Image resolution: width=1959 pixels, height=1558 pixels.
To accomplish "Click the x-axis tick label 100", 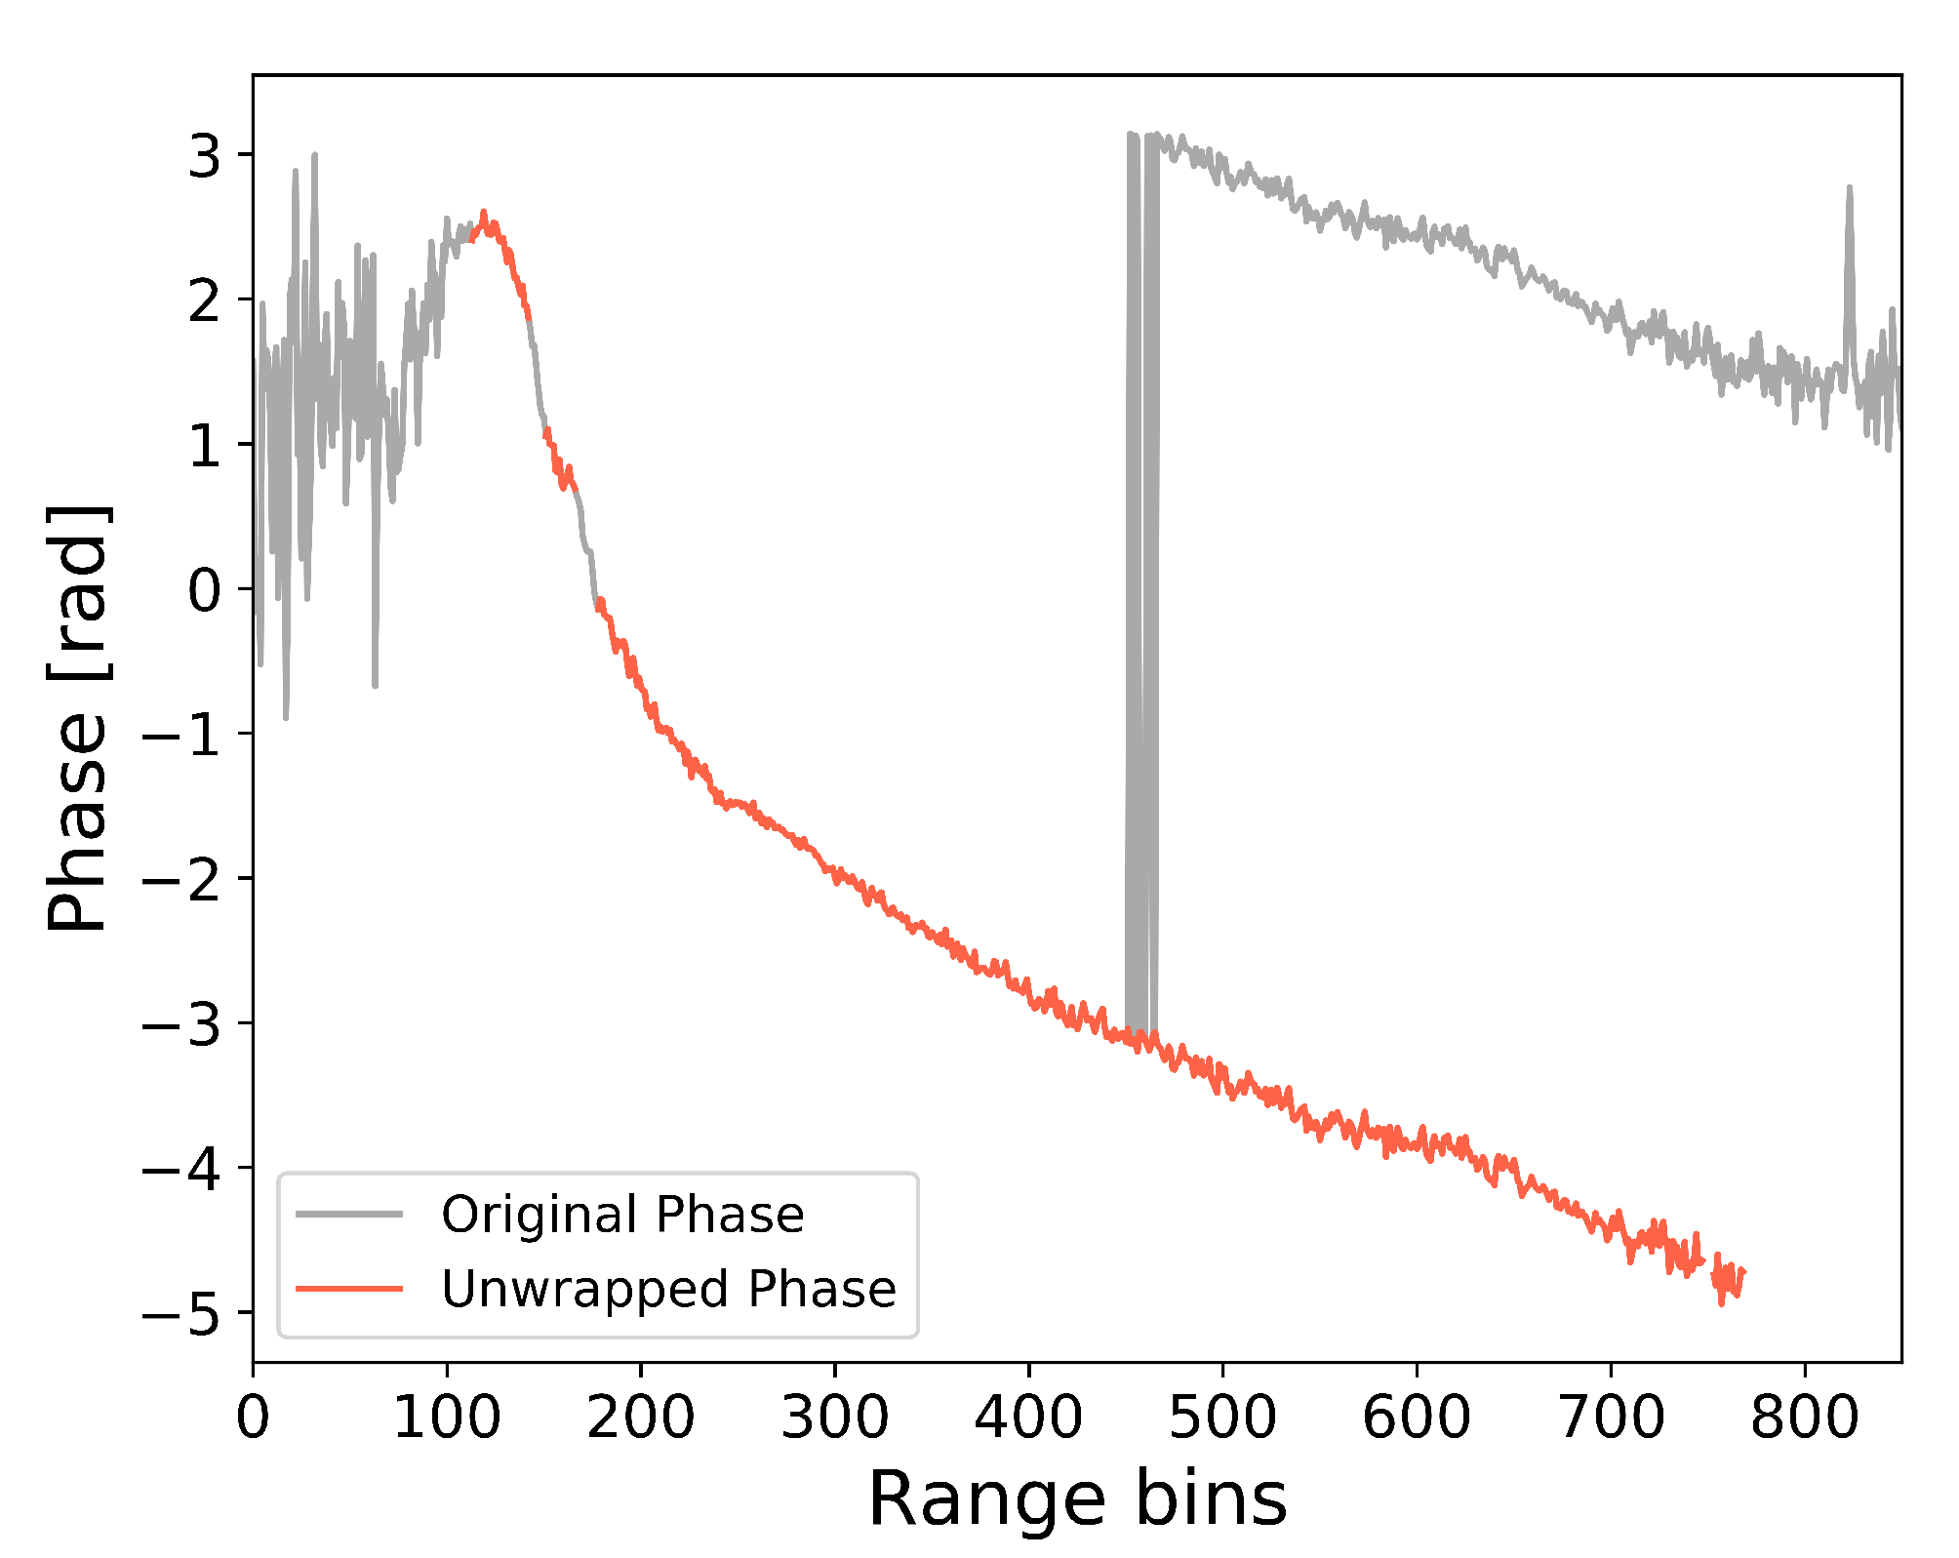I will [447, 1418].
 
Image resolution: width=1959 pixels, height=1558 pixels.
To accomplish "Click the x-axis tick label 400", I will [1028, 1418].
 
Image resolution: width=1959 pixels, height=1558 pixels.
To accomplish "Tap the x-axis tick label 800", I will [1804, 1418].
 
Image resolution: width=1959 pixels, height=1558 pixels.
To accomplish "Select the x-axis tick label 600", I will [1416, 1418].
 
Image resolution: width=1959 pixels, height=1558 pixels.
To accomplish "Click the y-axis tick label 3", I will [206, 155].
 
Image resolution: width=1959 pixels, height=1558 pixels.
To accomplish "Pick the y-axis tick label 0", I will [206, 590].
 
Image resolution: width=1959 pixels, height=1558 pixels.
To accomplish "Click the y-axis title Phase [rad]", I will [78, 719].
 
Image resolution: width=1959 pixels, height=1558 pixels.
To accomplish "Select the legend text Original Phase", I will [622, 1216].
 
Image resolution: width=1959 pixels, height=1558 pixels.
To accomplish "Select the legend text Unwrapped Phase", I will [668, 1290].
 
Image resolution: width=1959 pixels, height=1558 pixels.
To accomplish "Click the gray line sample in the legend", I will [349, 1215].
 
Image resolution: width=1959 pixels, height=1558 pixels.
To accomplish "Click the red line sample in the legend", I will [349, 1289].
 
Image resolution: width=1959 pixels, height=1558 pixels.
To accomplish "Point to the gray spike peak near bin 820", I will [1849, 188].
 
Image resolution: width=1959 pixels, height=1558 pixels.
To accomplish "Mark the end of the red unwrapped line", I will [1742, 1271].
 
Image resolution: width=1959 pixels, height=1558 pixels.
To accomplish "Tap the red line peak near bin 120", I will [484, 214].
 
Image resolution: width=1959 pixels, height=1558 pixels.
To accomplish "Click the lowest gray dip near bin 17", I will [286, 717].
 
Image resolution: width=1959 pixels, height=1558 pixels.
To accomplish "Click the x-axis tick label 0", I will [253, 1418].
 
